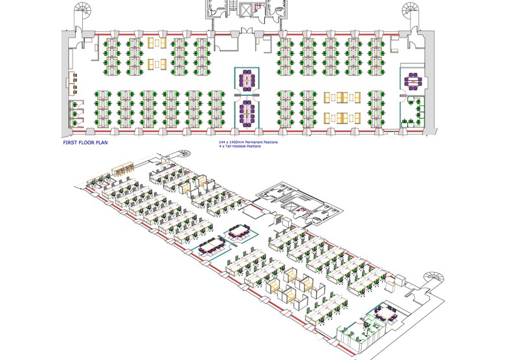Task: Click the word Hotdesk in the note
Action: (x=246, y=146)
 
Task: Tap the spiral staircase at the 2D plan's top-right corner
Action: (x=412, y=11)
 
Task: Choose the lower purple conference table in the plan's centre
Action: (x=246, y=113)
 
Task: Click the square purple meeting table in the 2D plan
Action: (x=412, y=81)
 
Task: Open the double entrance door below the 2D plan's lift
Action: (x=247, y=30)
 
